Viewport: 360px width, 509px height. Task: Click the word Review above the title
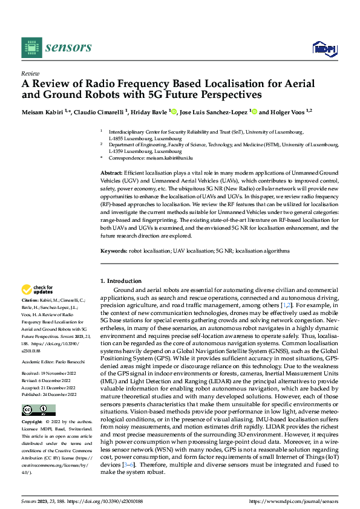click(30, 72)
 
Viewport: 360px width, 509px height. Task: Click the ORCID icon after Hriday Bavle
click(174, 112)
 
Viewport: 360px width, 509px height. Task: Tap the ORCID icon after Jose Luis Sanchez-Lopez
click(255, 112)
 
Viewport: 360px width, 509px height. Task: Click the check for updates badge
click(38, 290)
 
